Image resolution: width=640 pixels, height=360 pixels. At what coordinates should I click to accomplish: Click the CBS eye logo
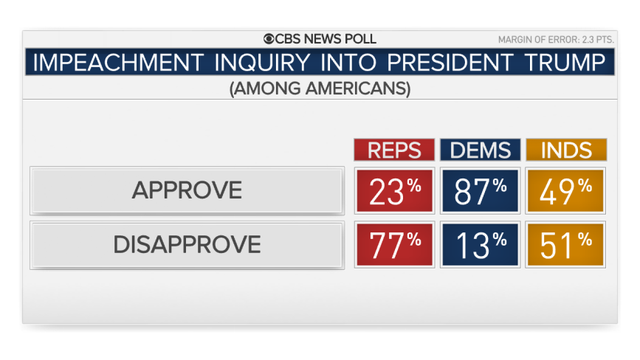[x=270, y=39]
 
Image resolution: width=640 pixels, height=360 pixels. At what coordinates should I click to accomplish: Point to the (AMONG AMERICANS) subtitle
[x=320, y=88]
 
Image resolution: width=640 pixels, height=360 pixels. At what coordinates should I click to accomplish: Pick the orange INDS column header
[x=566, y=150]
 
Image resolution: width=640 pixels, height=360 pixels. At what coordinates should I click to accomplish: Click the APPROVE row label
[x=186, y=191]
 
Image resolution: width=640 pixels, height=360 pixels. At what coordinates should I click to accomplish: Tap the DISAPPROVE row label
[x=186, y=244]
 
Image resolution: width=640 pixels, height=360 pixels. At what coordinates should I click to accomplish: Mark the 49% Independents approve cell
[x=566, y=190]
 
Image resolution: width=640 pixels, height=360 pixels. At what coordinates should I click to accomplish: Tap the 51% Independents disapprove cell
[x=566, y=243]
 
